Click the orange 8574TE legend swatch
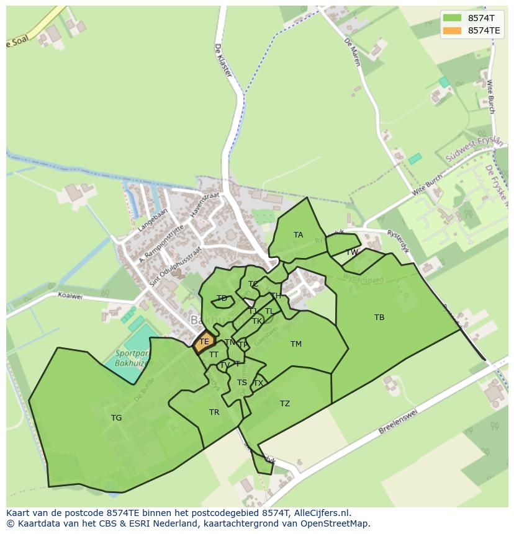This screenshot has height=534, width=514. [453, 30]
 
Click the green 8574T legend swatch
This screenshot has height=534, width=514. [453, 17]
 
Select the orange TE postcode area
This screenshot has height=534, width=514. [204, 342]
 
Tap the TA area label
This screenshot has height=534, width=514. [299, 235]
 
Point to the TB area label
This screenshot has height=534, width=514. [379, 318]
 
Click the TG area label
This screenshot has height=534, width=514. [116, 418]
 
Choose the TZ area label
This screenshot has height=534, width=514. [285, 404]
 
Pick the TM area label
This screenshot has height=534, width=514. [296, 344]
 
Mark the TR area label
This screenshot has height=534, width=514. [214, 412]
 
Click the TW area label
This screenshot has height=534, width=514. [352, 252]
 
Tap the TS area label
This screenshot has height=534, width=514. [242, 383]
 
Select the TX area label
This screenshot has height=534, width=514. [258, 383]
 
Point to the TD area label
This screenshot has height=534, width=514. [222, 298]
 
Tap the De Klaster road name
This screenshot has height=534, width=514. [223, 60]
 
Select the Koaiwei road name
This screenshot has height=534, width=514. [70, 296]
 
